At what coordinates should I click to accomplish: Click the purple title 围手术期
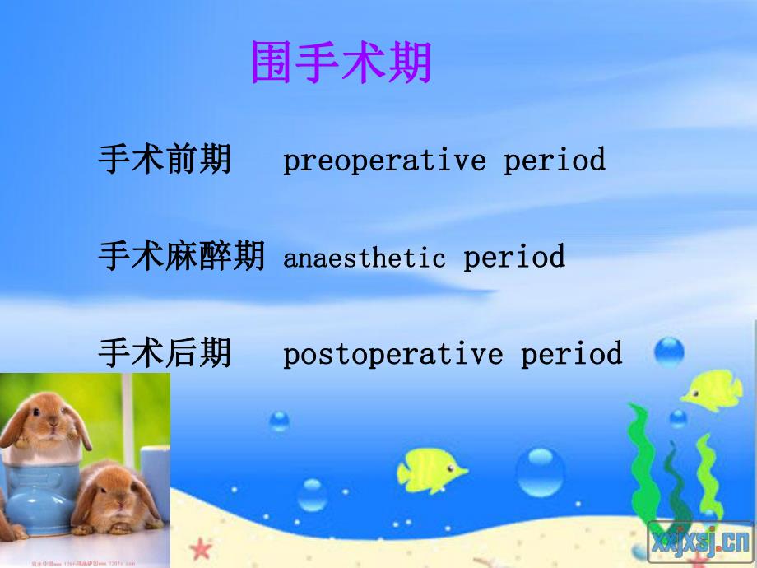click(341, 63)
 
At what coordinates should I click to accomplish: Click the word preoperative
click(384, 160)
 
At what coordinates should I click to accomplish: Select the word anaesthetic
click(364, 258)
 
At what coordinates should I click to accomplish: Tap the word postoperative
click(392, 355)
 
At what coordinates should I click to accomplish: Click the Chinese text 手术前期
click(165, 159)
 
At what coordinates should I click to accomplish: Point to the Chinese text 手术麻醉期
click(181, 257)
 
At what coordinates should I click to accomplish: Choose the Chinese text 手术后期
click(165, 354)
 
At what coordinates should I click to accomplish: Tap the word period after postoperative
click(572, 354)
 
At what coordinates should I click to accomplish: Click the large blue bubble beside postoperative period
click(669, 353)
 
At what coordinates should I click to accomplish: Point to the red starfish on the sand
click(199, 548)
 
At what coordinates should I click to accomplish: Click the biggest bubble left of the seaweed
click(540, 471)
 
